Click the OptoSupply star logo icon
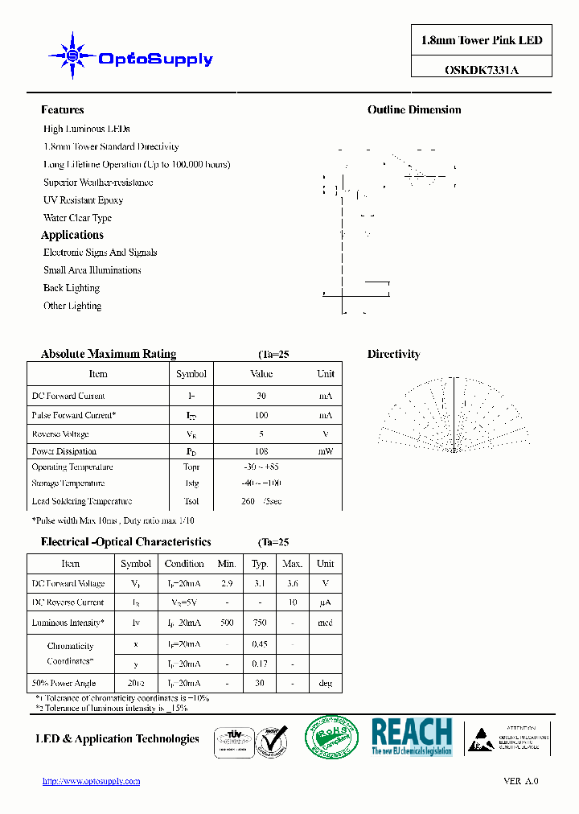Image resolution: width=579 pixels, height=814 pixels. (72, 56)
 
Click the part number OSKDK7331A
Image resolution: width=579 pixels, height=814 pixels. (481, 69)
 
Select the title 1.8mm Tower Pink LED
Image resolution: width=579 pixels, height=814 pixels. (481, 40)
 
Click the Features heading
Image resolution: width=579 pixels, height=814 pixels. (62, 110)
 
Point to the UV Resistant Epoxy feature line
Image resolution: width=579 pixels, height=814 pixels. (83, 200)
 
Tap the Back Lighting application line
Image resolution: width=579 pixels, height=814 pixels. (72, 288)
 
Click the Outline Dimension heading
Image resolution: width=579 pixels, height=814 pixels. (414, 110)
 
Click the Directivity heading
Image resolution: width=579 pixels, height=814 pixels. (393, 354)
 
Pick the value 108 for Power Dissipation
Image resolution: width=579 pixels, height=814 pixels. (261, 452)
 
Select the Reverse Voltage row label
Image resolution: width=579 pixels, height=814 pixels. (60, 434)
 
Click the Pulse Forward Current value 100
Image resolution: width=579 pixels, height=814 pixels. (261, 416)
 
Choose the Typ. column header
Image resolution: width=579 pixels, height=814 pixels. (260, 564)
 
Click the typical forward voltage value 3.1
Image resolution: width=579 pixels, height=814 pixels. (260, 584)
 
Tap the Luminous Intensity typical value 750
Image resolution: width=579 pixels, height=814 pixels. (260, 623)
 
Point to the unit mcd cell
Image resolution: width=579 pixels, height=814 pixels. (325, 623)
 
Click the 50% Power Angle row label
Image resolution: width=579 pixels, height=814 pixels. (64, 683)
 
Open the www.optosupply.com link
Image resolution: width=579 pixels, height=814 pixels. (91, 781)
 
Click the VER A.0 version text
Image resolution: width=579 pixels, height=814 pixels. (520, 781)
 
